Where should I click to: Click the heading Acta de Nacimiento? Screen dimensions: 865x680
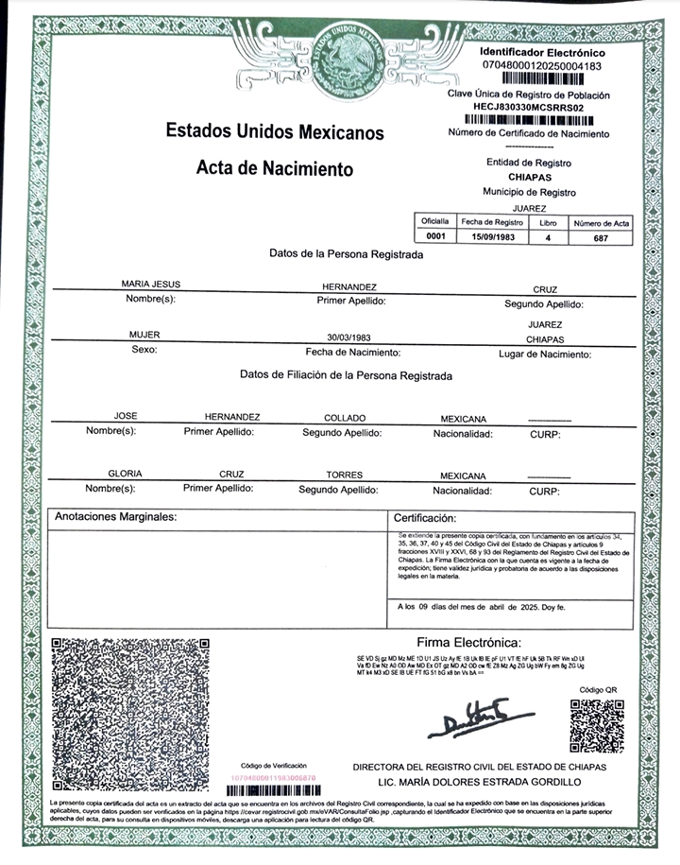[x=274, y=169]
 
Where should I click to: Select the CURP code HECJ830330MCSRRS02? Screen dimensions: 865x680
[x=529, y=108]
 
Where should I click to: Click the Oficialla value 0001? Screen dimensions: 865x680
[x=435, y=237]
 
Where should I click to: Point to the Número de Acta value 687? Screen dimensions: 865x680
[x=602, y=237]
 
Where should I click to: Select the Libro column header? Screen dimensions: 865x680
[x=548, y=221]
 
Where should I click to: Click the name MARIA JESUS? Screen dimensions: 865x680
[x=151, y=284]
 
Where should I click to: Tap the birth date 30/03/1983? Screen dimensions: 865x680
[x=348, y=337]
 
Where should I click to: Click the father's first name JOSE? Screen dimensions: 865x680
[x=126, y=416]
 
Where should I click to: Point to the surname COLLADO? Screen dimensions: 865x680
[x=345, y=417]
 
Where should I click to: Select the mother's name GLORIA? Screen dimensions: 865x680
[x=125, y=475]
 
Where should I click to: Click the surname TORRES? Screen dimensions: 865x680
[x=344, y=476]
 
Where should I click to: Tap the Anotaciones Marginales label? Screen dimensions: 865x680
[x=116, y=517]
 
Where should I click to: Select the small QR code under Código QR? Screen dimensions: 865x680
[x=597, y=725]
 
